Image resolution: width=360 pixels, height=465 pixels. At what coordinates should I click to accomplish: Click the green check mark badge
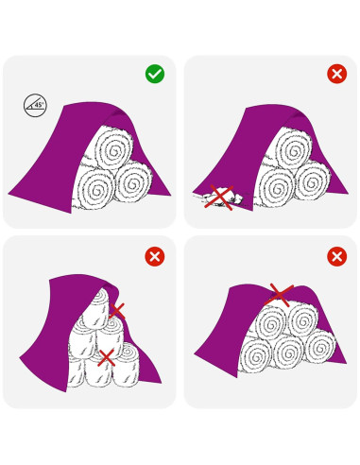click(155, 74)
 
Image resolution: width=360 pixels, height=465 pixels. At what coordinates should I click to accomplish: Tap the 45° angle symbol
click(35, 105)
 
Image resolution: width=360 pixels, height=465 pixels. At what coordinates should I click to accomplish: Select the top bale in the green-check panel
click(113, 150)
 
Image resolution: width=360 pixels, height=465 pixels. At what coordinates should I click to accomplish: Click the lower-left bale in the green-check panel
click(94, 189)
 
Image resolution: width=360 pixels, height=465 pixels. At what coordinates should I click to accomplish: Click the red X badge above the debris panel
click(337, 74)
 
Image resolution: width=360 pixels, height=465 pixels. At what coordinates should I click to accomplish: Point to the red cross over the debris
click(219, 198)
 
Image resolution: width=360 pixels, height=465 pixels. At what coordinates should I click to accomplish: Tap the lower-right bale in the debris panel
click(313, 181)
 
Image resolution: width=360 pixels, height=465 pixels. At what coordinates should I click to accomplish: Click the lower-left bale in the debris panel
click(274, 188)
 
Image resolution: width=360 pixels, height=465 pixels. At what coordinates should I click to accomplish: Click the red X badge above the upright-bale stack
click(155, 256)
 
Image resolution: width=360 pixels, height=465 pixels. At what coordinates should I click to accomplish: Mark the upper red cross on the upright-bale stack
click(117, 311)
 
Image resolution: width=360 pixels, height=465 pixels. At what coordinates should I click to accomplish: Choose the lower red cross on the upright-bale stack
click(106, 358)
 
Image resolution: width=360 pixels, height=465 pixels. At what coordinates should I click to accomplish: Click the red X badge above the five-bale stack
click(337, 256)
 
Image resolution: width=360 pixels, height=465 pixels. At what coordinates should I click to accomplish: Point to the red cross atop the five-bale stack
click(280, 295)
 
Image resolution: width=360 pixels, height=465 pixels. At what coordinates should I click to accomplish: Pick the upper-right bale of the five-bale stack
click(303, 320)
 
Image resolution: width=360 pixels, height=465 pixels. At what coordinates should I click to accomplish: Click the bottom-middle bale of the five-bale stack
click(288, 352)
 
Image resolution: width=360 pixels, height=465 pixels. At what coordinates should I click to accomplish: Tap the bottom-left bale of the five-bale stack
click(256, 355)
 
